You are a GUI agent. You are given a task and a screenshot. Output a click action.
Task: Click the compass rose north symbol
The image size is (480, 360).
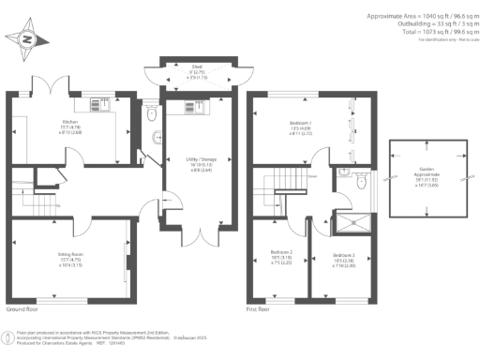coord(27,39)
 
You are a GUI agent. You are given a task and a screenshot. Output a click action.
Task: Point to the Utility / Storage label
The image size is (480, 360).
coord(196,165)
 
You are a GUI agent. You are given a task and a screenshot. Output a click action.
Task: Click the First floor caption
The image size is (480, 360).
coord(265,307)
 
